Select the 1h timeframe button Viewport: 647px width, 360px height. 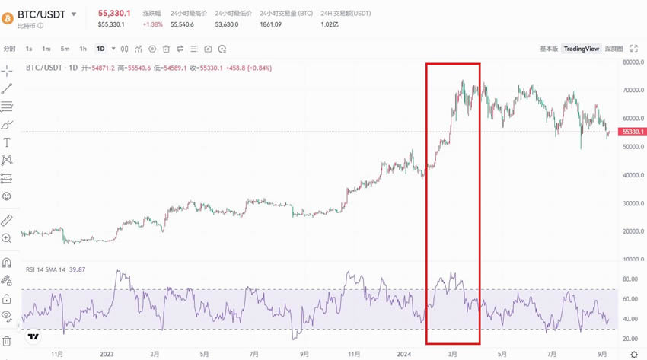(83, 49)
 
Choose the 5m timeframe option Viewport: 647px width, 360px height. (65, 49)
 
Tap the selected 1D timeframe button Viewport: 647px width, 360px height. (100, 49)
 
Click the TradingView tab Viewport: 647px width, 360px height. (581, 49)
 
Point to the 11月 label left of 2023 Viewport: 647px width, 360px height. (56, 354)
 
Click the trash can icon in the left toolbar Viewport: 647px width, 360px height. (7, 341)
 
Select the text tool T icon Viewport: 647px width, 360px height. (7, 142)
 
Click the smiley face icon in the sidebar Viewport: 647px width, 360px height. (7, 196)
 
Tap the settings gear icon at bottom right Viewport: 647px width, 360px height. (634, 354)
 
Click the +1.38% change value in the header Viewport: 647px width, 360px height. (152, 24)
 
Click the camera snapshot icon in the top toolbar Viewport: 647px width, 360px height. (208, 49)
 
